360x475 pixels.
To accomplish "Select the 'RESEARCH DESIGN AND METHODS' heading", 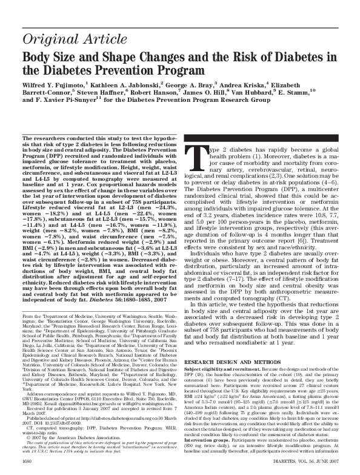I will point(226,344).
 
